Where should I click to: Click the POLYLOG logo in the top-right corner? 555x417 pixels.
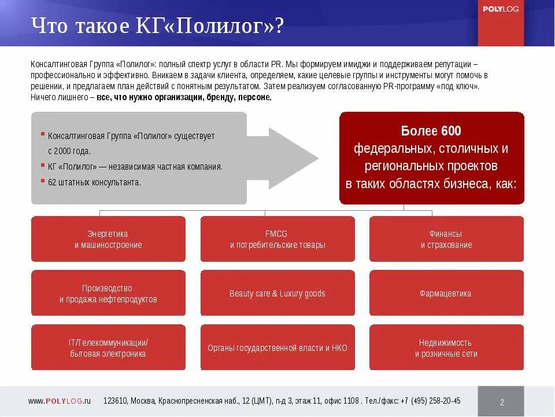[x=500, y=9]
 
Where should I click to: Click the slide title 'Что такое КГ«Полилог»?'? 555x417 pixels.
[x=157, y=27]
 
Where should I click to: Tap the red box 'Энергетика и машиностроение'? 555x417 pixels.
[x=108, y=239]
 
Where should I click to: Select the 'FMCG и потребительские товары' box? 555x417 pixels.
[x=277, y=239]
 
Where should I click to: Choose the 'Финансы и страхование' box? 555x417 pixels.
[x=446, y=239]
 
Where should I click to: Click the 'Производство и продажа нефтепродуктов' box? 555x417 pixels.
[x=108, y=294]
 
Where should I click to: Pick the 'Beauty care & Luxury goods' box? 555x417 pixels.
[x=277, y=294]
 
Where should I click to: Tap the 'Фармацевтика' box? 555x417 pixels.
[x=446, y=294]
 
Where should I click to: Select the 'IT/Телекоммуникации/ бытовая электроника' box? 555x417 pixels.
[x=108, y=348]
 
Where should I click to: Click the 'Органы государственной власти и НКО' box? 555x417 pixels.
[x=277, y=348]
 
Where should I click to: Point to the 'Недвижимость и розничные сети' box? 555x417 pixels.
[x=446, y=348]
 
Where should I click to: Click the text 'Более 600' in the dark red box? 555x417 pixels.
[x=431, y=131]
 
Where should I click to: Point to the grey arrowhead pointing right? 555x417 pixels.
[x=295, y=158]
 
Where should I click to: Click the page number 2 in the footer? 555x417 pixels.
[x=502, y=402]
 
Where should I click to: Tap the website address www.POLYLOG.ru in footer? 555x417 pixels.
[x=60, y=401]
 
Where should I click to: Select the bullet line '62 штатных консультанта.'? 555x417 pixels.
[x=94, y=182]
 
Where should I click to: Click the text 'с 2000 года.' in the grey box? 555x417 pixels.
[x=69, y=151]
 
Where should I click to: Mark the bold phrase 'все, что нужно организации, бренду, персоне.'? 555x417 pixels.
[x=184, y=97]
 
